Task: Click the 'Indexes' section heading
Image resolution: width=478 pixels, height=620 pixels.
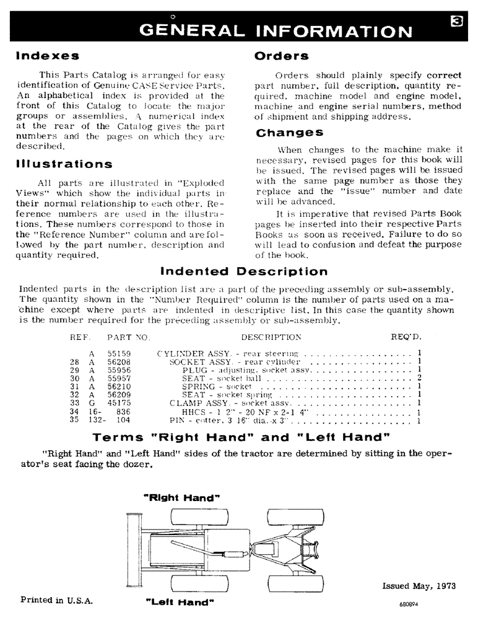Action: click(x=48, y=56)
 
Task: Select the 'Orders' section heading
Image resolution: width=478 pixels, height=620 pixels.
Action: click(x=282, y=56)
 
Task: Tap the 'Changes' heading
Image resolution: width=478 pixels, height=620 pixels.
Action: click(x=289, y=133)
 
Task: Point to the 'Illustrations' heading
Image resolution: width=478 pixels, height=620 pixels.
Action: click(x=64, y=164)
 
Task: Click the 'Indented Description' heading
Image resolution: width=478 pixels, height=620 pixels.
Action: click(x=244, y=272)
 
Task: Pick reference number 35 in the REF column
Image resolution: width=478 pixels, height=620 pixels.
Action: click(x=74, y=420)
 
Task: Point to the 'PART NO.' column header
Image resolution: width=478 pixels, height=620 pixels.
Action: click(x=128, y=337)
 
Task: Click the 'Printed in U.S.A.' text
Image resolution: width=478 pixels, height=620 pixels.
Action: click(x=55, y=600)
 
